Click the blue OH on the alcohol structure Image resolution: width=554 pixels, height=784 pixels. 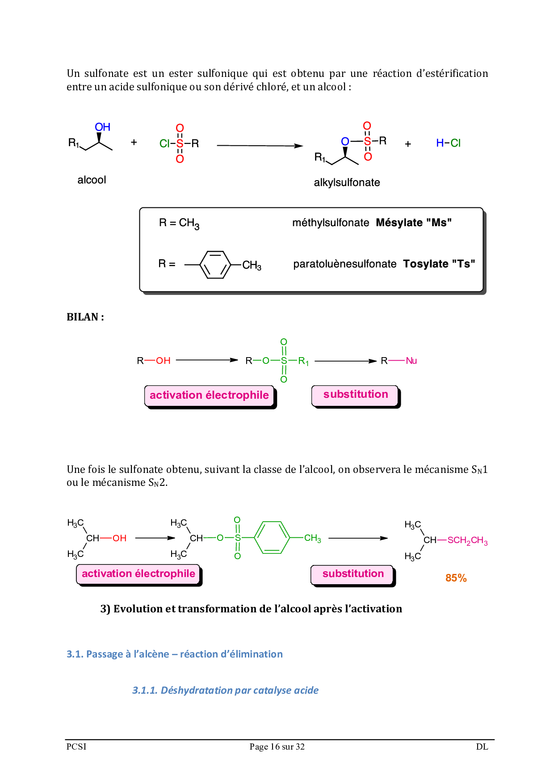click(102, 127)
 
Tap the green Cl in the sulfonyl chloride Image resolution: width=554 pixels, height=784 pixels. click(164, 143)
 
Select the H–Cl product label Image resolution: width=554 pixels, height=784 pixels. click(448, 143)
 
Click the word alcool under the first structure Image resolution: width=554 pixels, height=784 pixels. click(92, 180)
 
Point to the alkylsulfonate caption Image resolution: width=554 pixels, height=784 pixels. click(347, 182)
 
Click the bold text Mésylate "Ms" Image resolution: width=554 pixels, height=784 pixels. click(413, 223)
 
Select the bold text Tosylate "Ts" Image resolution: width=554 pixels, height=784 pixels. click(439, 264)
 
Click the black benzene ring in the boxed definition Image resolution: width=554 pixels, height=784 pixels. click(215, 265)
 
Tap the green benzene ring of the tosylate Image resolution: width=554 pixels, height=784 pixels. click(272, 537)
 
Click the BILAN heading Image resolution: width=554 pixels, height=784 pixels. click(85, 317)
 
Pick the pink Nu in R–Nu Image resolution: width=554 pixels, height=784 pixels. click(411, 361)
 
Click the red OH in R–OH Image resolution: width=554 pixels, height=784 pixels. click(163, 361)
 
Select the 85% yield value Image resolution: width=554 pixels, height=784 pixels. click(456, 578)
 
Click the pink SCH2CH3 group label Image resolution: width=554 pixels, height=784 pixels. click(467, 540)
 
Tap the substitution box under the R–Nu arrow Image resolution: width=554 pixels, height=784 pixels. click(355, 395)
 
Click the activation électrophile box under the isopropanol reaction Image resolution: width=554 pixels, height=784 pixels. click(138, 574)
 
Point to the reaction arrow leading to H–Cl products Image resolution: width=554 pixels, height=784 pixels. click(260, 146)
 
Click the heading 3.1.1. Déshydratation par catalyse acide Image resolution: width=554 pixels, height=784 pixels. click(225, 690)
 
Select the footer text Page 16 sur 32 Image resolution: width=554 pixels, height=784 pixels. click(277, 746)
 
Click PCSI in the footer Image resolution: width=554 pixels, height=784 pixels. click(76, 746)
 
